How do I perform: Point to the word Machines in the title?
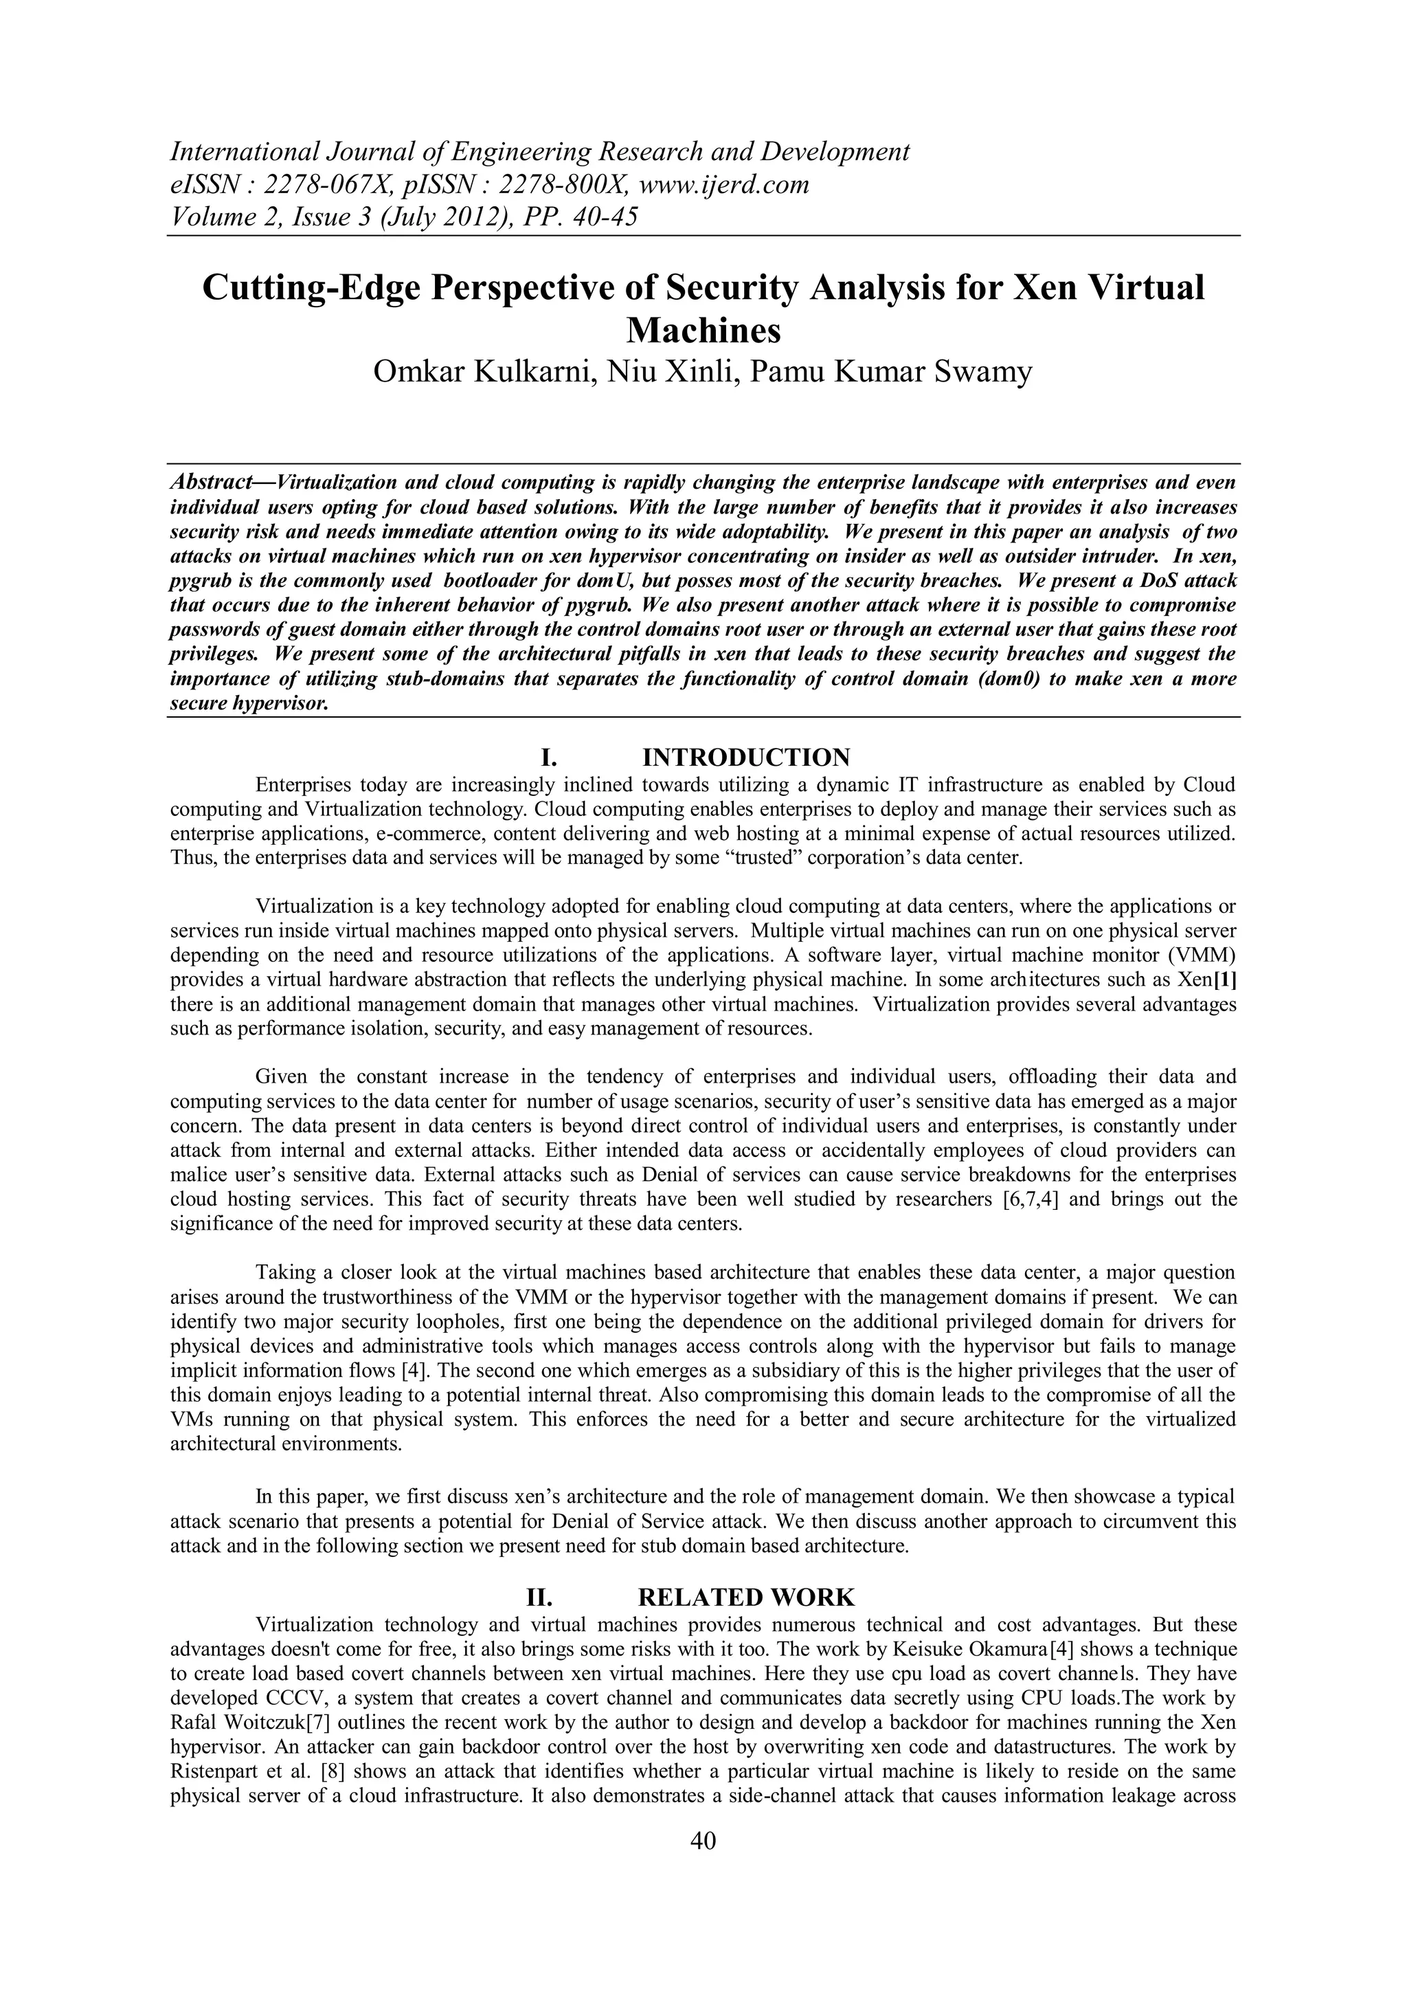click(703, 330)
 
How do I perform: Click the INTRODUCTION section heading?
click(746, 758)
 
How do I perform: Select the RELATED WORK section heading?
click(746, 1597)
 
